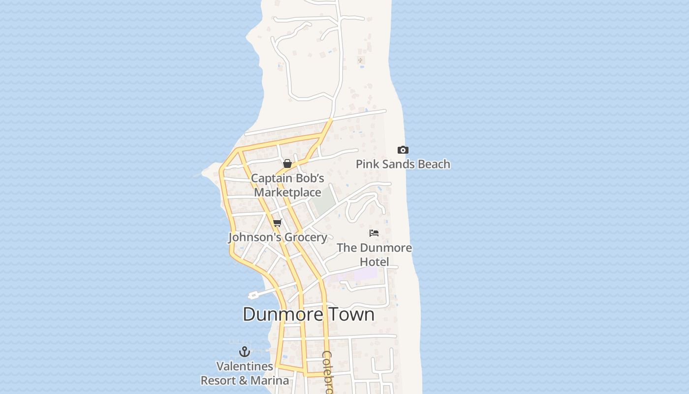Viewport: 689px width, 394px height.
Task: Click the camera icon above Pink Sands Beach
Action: pos(403,150)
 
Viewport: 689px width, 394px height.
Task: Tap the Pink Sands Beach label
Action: pos(403,164)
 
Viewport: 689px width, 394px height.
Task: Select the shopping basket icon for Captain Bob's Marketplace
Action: pos(287,164)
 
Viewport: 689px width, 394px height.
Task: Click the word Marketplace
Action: pos(287,193)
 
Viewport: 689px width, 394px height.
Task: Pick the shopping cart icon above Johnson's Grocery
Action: pos(277,223)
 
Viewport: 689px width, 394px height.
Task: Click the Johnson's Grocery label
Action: pos(278,237)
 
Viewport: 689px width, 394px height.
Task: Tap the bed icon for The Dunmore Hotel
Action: pos(374,233)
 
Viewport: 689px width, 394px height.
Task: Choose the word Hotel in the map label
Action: pos(374,262)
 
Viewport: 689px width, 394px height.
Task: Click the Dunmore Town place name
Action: pos(309,314)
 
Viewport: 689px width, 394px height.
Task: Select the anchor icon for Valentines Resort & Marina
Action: pos(245,352)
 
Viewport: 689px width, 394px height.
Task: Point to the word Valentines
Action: pos(245,366)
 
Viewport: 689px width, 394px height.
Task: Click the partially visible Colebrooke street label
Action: pos(328,372)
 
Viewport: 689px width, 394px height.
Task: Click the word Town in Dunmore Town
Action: pos(351,314)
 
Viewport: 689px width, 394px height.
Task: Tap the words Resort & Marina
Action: pos(245,381)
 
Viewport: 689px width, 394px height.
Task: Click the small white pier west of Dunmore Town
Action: pos(253,295)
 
